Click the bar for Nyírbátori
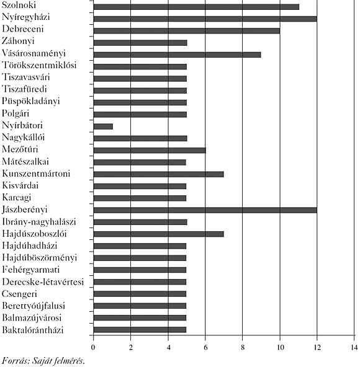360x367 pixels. [103, 126]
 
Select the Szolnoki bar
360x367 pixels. [196, 7]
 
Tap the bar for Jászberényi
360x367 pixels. [205, 210]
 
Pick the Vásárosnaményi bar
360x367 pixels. [177, 55]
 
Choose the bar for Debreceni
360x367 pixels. [187, 31]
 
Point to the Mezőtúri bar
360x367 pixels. [150, 150]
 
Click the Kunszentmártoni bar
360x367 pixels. [159, 174]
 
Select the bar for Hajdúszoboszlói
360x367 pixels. [159, 234]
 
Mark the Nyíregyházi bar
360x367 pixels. [205, 19]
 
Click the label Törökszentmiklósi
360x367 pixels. [39, 65]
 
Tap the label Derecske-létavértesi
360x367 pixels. [43, 282]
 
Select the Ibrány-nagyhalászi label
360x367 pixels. [39, 222]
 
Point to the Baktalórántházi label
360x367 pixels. [33, 330]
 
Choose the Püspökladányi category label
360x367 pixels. [31, 101]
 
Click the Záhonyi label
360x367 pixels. [18, 41]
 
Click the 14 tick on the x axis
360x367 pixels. [354, 348]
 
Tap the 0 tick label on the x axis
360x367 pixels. [93, 348]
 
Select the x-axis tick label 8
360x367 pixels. [243, 348]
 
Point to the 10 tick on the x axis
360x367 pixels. [280, 348]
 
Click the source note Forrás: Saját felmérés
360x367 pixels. [43, 361]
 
